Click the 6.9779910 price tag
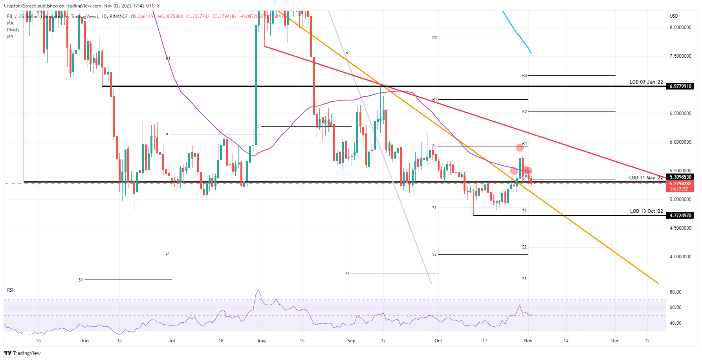680,86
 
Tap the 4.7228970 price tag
680,216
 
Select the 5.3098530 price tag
680,177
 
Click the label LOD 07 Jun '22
646,82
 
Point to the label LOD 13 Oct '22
646,211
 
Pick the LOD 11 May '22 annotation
645,178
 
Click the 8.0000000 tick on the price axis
680,27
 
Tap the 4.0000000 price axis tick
680,257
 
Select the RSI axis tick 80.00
675,292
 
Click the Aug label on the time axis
261,341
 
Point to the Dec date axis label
615,341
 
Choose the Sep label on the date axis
351,341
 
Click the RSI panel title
10,290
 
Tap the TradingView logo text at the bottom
27,353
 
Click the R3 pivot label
524,75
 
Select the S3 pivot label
524,279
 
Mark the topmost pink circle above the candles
520,148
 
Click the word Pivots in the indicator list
13,30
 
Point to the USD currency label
674,16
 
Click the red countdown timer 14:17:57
679,189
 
